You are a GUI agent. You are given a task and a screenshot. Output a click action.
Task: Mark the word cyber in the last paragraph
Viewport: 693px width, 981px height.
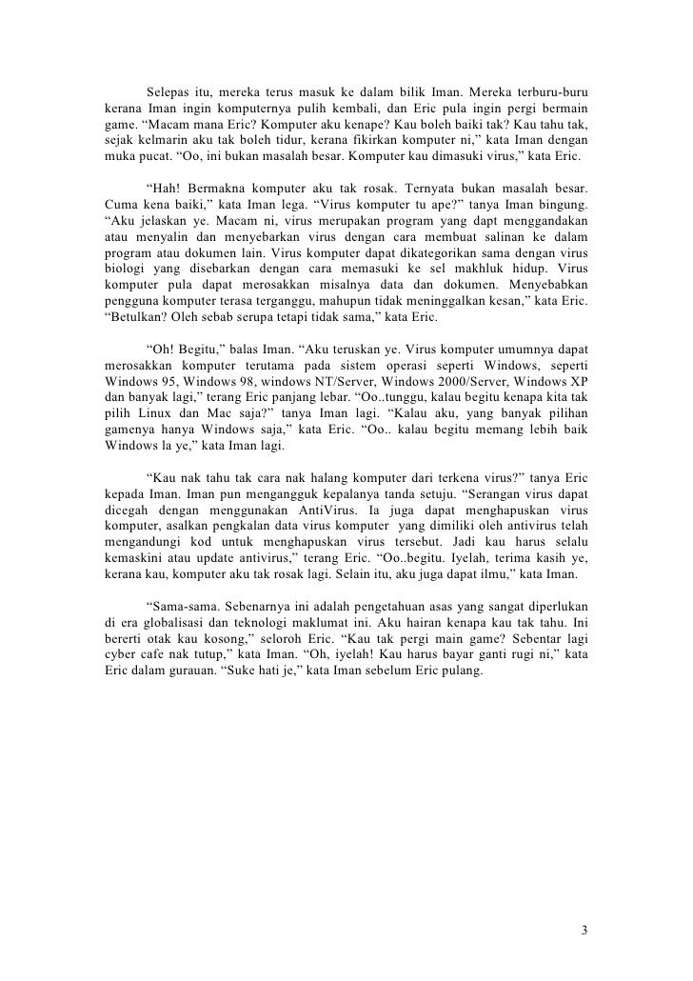point(121,663)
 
